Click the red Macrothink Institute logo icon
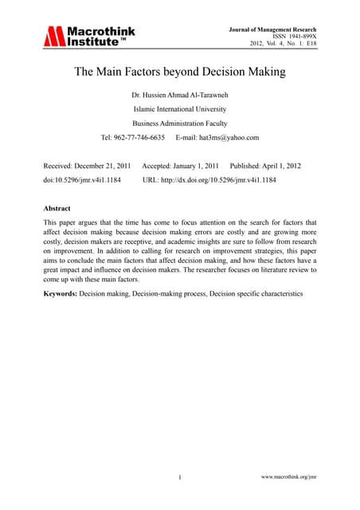(53, 36)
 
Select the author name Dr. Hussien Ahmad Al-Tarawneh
(179, 96)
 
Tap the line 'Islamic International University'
(179, 110)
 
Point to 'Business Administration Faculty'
(179, 124)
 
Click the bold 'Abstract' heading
(60, 208)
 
